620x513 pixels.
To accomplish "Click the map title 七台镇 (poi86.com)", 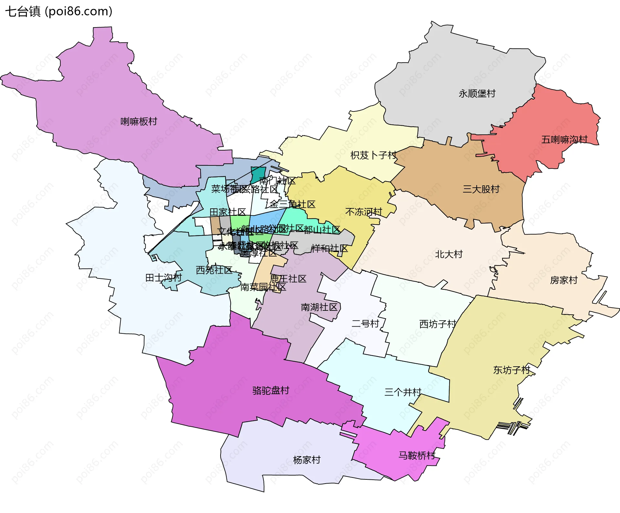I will pyautogui.click(x=59, y=11).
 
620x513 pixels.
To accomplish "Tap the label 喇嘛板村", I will pyautogui.click(x=139, y=121).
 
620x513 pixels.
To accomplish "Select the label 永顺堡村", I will pyautogui.click(x=477, y=94).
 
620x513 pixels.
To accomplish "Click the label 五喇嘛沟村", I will pyautogui.click(x=564, y=140).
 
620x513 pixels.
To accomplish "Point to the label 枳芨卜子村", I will pyautogui.click(x=374, y=155).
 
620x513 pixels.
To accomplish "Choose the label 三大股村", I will pyautogui.click(x=481, y=189).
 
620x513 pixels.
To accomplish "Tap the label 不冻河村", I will pyautogui.click(x=364, y=212).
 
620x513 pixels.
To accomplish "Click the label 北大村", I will pyautogui.click(x=449, y=254).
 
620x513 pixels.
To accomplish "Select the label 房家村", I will pyautogui.click(x=564, y=280).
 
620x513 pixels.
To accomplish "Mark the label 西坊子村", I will pyautogui.click(x=438, y=324).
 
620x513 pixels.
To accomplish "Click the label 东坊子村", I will pyautogui.click(x=512, y=370).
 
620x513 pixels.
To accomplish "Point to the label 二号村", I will pyautogui.click(x=365, y=323).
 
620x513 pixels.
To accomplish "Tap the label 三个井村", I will pyautogui.click(x=403, y=392).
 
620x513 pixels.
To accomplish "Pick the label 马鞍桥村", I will pyautogui.click(x=417, y=455).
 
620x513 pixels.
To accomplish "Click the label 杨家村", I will pyautogui.click(x=307, y=460).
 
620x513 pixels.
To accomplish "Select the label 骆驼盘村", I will pyautogui.click(x=271, y=391).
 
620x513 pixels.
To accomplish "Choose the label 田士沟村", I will pyautogui.click(x=163, y=277).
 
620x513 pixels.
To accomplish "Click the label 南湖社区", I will pyautogui.click(x=319, y=307).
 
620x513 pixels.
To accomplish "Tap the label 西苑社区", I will pyautogui.click(x=214, y=270).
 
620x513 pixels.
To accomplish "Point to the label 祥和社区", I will pyautogui.click(x=329, y=248).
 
